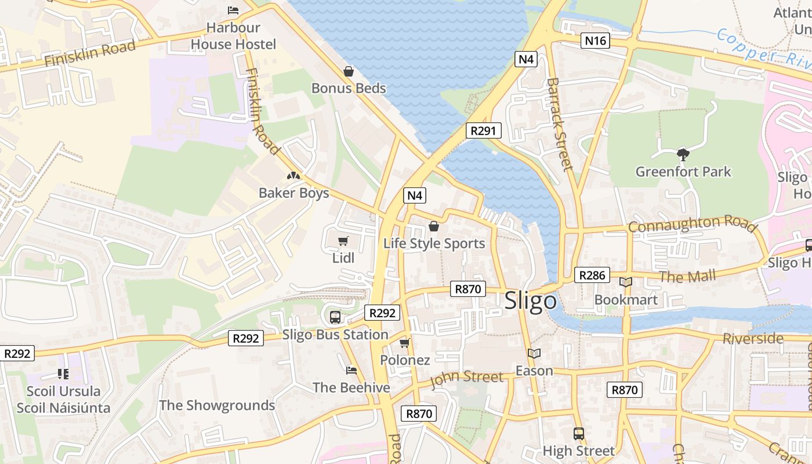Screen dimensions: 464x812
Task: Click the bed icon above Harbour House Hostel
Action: [233, 10]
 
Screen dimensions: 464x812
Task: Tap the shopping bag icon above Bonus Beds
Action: [349, 71]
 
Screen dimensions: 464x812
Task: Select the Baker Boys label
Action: [293, 193]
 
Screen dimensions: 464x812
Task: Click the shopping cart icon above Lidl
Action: [343, 241]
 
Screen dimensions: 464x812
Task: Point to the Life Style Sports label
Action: [434, 243]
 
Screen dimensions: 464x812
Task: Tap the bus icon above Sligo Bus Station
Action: [335, 317]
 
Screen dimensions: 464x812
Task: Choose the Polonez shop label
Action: [405, 360]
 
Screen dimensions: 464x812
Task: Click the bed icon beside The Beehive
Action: [351, 370]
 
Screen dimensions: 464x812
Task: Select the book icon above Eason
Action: [534, 353]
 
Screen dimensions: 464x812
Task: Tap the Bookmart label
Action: [626, 300]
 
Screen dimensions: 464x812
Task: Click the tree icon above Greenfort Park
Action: [683, 154]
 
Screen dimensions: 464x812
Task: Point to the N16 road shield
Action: [595, 41]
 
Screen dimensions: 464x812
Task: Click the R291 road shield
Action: [483, 130]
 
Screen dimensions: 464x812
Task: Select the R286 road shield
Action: [592, 275]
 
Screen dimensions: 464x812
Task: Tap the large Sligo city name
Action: [530, 301]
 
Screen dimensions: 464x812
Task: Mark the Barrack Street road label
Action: [560, 124]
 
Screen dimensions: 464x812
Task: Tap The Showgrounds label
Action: [217, 405]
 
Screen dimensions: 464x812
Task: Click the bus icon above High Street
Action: [578, 433]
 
